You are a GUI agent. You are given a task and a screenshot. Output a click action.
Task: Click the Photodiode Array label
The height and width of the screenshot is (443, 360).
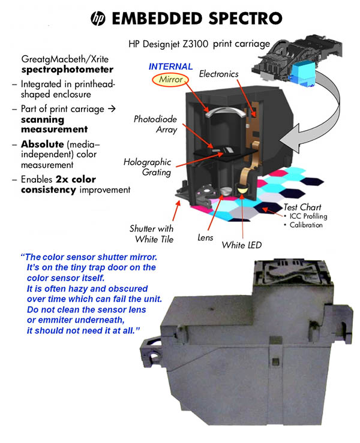(155, 124)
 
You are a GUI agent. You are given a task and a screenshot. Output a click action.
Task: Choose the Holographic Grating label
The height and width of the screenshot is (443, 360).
(148, 167)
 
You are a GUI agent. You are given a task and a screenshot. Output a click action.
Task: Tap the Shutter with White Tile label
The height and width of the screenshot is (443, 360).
(152, 234)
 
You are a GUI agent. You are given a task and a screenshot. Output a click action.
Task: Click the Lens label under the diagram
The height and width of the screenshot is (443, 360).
(205, 237)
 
